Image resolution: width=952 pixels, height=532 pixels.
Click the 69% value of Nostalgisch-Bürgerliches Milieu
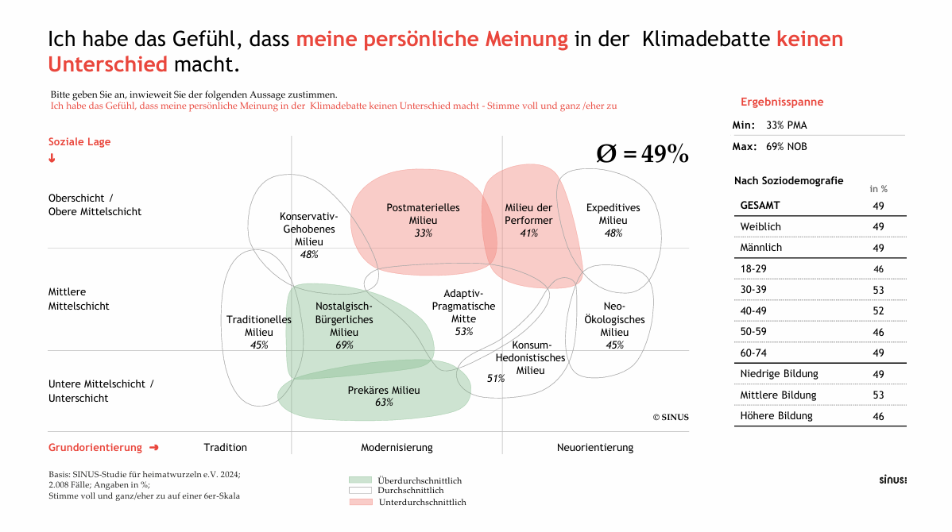pos(344,345)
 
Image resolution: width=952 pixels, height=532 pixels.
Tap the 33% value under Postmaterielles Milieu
pos(423,233)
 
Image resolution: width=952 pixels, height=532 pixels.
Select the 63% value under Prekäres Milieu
pos(384,403)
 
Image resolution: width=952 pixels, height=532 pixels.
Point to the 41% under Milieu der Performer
pos(528,233)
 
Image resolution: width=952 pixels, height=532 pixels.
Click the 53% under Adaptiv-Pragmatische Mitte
pos(464,332)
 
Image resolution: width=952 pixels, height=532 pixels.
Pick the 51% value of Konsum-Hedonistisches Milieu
pos(496,379)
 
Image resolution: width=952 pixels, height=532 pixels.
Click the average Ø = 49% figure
pos(642,154)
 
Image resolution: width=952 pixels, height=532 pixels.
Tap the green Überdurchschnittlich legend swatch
pos(360,480)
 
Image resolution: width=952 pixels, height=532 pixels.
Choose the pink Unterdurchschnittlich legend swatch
pos(360,502)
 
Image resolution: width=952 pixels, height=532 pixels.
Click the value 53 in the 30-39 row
pos(878,290)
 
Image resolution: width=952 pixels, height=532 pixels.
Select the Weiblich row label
pos(760,227)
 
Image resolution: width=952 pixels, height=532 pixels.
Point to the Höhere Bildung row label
pos(776,416)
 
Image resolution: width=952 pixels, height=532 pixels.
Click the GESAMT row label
pos(760,206)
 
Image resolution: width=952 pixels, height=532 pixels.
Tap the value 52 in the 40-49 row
pos(878,311)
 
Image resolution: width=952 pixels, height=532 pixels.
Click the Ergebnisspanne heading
pos(782,102)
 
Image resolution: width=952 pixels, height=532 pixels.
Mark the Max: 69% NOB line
pos(769,147)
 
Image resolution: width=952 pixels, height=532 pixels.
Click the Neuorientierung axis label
pos(595,448)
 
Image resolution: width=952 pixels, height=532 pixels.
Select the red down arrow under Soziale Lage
pos(52,158)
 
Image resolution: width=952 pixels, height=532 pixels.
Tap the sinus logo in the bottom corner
pos(892,480)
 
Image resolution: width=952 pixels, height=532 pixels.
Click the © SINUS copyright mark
pos(671,417)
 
